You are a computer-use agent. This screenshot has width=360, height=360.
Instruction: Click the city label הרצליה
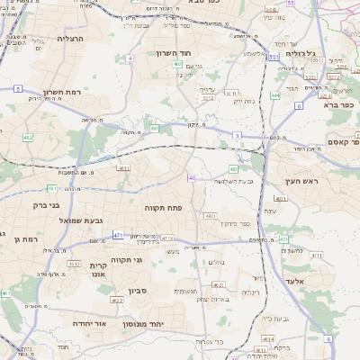pos(69,39)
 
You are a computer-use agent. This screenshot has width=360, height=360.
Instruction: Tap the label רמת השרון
pos(62,92)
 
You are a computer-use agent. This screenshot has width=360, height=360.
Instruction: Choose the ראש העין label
pos(318,181)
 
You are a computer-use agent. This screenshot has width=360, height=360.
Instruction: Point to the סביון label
pos(138,291)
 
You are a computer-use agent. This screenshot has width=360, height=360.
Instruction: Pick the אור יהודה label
pos(88,322)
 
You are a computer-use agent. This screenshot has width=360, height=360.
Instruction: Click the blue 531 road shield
pos(273,57)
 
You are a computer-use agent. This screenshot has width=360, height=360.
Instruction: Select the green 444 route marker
pos(275,95)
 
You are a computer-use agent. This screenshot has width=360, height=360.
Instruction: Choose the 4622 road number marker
pos(117,301)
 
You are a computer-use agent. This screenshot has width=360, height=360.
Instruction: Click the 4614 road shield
pos(268,339)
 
